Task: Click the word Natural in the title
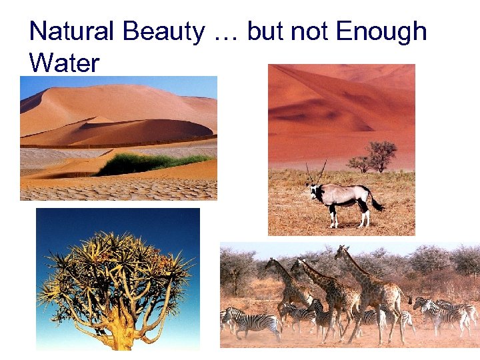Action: (x=73, y=31)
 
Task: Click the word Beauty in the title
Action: (x=164, y=31)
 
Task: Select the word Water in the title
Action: (x=64, y=63)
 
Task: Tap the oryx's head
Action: (x=313, y=192)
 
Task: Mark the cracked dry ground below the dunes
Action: (x=120, y=189)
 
